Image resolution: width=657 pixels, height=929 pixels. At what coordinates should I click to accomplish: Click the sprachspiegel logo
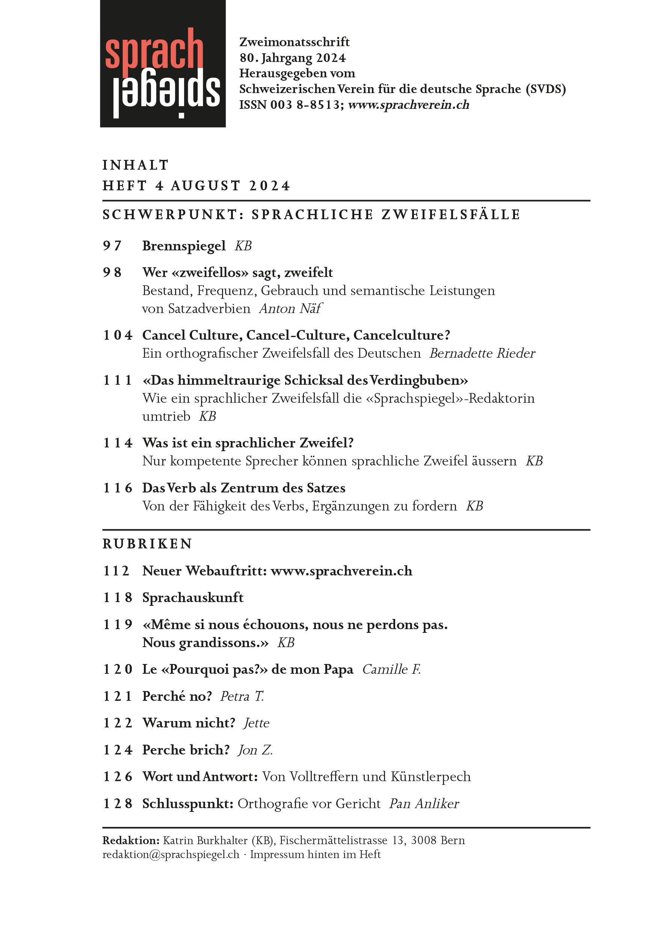pyautogui.click(x=162, y=63)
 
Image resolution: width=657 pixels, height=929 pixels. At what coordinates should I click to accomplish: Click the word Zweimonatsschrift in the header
pyautogui.click(x=294, y=42)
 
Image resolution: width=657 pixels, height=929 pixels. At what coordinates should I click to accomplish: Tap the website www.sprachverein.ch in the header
pyautogui.click(x=408, y=105)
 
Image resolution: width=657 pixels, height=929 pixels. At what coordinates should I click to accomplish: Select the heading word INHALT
pyautogui.click(x=135, y=165)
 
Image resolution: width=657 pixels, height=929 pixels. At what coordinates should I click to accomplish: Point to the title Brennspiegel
pyautogui.click(x=184, y=245)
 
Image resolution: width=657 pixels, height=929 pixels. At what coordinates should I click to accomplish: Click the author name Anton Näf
pyautogui.click(x=290, y=308)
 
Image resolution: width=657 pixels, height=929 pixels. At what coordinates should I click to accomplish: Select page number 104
pyautogui.click(x=118, y=335)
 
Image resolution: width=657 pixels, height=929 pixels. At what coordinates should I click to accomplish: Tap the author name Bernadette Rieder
pyautogui.click(x=482, y=353)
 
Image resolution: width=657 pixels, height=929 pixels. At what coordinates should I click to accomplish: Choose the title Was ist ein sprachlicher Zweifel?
pyautogui.click(x=248, y=443)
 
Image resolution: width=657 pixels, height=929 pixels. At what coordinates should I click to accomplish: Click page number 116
pyautogui.click(x=118, y=488)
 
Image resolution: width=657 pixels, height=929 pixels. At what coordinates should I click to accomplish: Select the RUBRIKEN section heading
pyautogui.click(x=147, y=544)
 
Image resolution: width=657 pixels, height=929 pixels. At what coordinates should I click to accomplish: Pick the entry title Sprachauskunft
pyautogui.click(x=193, y=598)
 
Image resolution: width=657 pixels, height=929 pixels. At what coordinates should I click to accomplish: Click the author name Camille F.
pyautogui.click(x=391, y=669)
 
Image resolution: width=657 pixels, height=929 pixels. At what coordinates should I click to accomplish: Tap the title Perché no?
pyautogui.click(x=177, y=696)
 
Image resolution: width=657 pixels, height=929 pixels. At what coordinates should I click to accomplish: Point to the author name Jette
pyautogui.click(x=257, y=723)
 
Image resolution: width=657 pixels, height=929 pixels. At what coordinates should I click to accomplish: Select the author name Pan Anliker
pyautogui.click(x=424, y=804)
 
